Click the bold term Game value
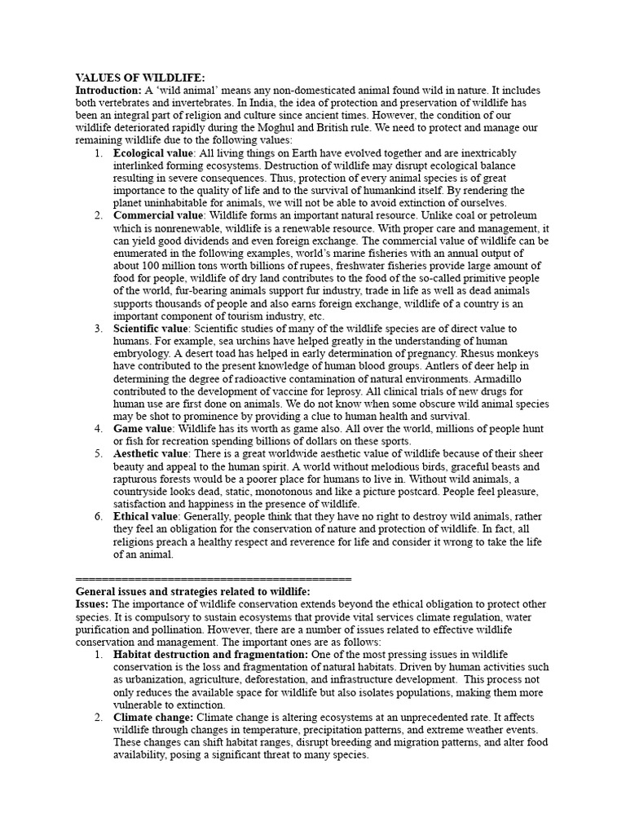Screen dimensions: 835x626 [143, 429]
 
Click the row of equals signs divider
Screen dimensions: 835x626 [213, 578]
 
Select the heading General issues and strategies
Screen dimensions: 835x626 [193, 591]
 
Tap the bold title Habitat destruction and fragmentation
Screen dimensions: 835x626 [210, 655]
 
